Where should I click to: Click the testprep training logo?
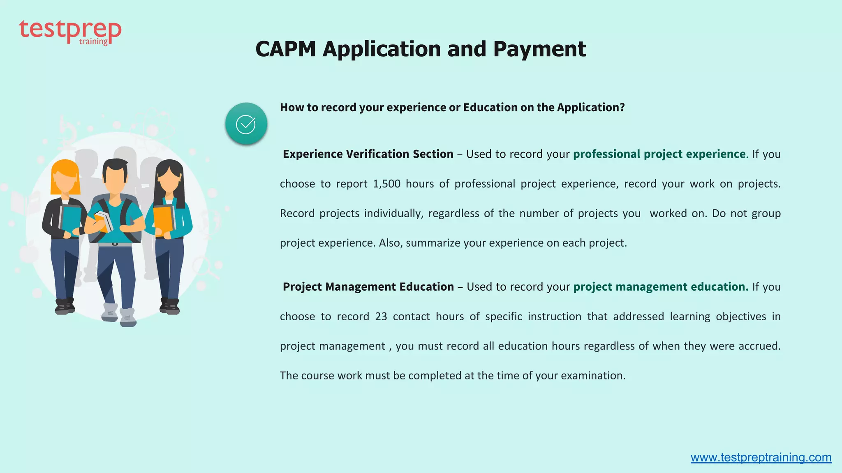pos(70,32)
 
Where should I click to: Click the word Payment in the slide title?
pos(539,49)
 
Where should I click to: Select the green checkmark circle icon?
pos(246,124)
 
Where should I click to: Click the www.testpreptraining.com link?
pos(761,457)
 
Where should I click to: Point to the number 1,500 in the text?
pos(386,184)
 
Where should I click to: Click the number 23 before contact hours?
pos(381,317)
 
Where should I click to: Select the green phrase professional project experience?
pos(659,154)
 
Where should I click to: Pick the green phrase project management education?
pos(661,287)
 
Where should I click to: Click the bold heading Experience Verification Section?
pos(368,154)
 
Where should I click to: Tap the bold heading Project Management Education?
pos(368,287)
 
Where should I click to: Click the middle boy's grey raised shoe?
pos(110,312)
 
